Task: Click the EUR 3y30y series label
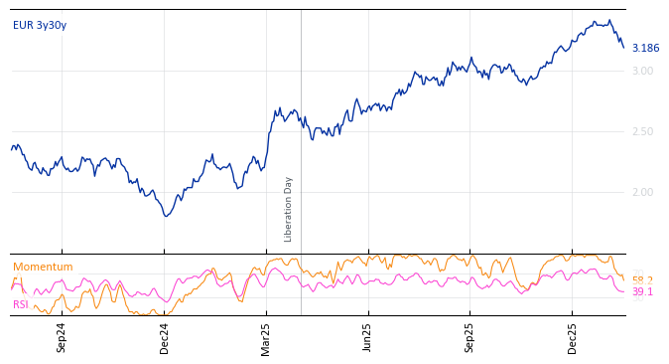(40, 25)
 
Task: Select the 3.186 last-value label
(645, 48)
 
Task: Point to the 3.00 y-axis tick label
(642, 71)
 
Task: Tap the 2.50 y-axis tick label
(642, 131)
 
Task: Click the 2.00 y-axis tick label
(642, 192)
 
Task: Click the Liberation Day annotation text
(289, 209)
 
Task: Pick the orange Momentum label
(43, 267)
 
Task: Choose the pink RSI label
(21, 304)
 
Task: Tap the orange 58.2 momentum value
(642, 280)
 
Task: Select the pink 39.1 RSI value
(642, 292)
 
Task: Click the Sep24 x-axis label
(62, 337)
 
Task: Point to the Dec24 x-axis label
(165, 337)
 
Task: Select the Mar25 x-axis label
(266, 337)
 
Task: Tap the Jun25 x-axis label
(367, 337)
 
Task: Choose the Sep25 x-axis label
(470, 337)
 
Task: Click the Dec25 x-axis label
(573, 337)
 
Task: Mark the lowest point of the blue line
(167, 216)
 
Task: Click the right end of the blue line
(624, 47)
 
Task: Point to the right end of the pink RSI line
(624, 291)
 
